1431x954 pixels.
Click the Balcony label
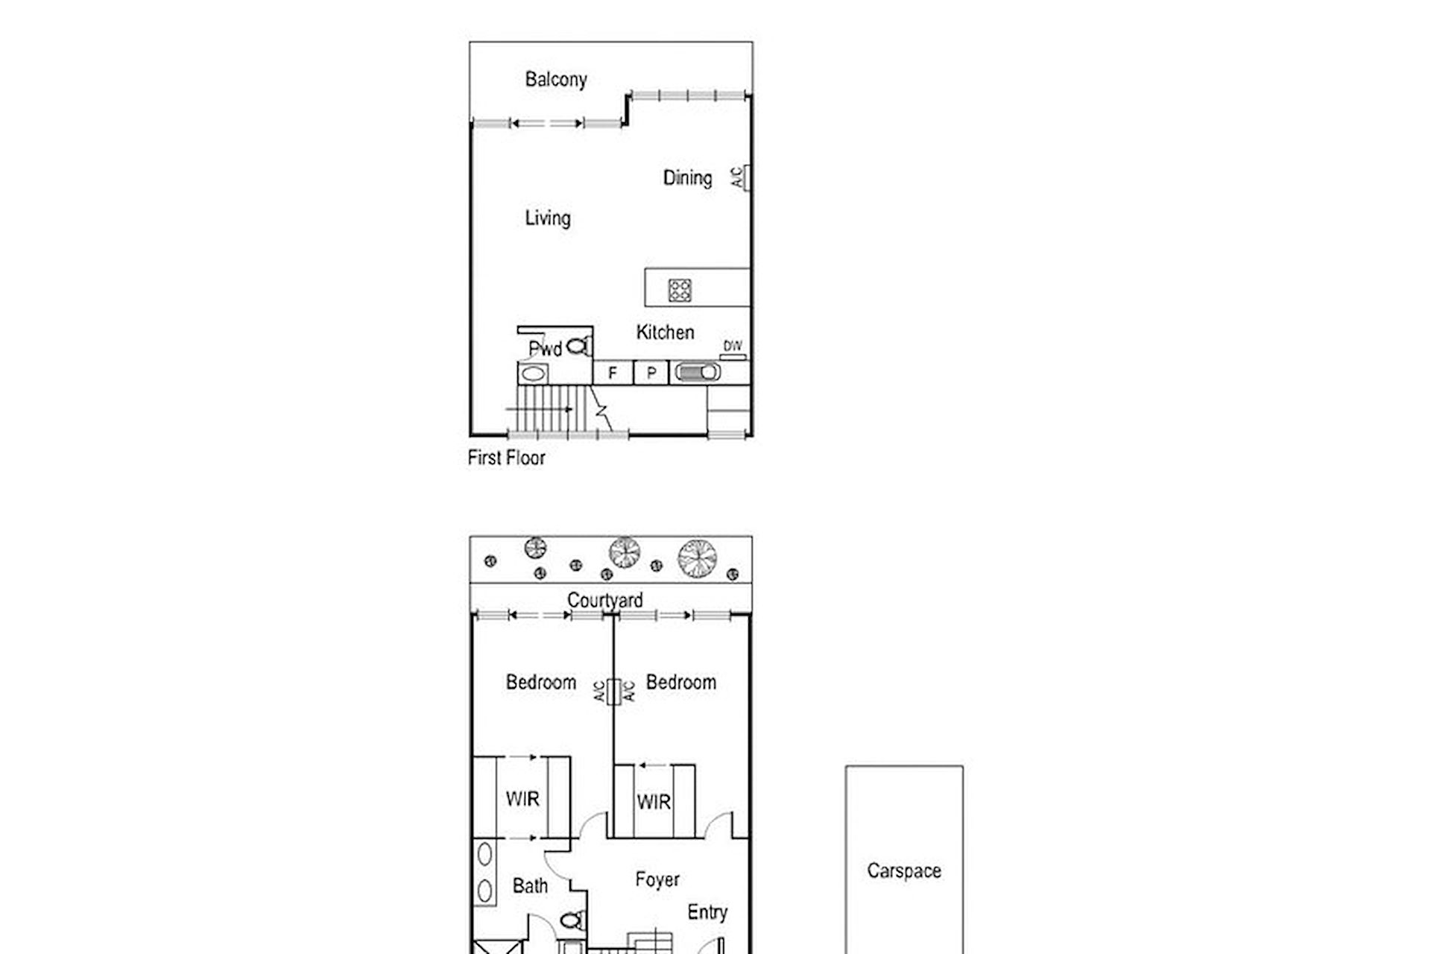[x=556, y=80]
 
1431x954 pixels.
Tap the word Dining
[x=687, y=178]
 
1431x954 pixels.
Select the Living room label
[x=548, y=218]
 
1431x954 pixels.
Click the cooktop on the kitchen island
[x=679, y=289]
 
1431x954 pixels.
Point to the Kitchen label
[x=665, y=332]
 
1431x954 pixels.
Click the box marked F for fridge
[x=613, y=373]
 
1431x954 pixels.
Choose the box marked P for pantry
[x=651, y=373]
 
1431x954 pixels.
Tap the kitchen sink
[x=698, y=372]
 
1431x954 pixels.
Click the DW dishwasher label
[x=733, y=346]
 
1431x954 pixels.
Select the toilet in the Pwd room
[x=578, y=347]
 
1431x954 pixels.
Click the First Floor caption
[x=506, y=458]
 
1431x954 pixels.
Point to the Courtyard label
[x=604, y=600]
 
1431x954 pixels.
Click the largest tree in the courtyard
[x=697, y=557]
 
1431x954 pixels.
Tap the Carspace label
[x=904, y=871]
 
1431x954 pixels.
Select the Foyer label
[x=657, y=879]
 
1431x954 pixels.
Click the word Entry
[x=707, y=912]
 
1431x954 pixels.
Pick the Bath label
[x=530, y=886]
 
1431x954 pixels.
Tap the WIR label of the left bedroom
[x=522, y=799]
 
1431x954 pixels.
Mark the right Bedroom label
[x=680, y=682]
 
